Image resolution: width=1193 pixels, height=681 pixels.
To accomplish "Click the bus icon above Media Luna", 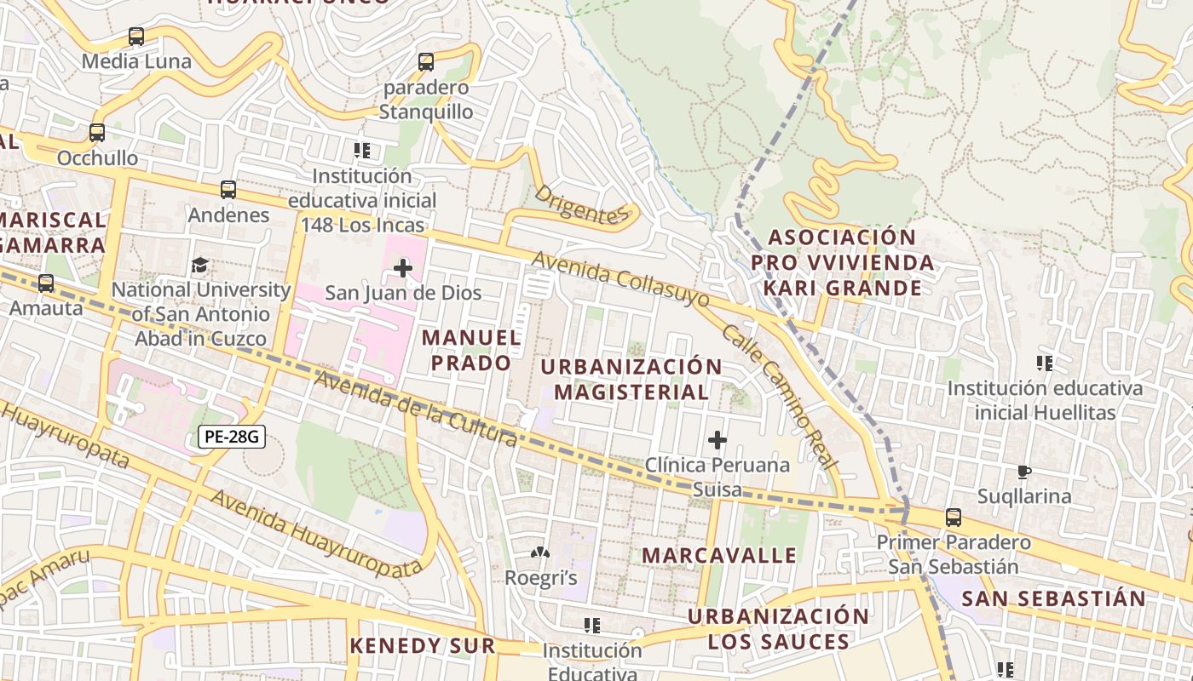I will click(x=136, y=37).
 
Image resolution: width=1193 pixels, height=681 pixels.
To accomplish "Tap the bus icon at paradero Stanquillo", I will click(x=426, y=62).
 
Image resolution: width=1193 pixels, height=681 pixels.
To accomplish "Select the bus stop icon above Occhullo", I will click(x=97, y=133).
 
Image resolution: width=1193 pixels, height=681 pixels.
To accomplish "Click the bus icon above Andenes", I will click(x=228, y=190).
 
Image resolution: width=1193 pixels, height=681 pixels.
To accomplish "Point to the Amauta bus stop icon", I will click(x=46, y=283).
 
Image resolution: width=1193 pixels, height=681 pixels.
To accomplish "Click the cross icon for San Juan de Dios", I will click(x=403, y=269).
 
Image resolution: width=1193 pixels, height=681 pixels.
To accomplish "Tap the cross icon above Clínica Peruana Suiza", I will click(x=718, y=440).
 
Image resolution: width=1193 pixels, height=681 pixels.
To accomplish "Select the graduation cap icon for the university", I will click(x=199, y=266).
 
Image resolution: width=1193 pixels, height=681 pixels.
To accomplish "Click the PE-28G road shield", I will click(x=232, y=438).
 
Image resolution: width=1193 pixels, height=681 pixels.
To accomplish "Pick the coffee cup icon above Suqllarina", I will click(x=1024, y=472).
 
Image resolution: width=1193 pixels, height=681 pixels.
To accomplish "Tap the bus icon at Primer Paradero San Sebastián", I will click(x=954, y=518).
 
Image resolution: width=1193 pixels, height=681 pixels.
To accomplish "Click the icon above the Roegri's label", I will click(x=540, y=553).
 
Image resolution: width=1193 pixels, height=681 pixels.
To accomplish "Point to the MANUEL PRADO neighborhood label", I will click(x=471, y=350).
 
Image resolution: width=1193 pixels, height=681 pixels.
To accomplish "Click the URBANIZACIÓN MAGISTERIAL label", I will click(x=631, y=380).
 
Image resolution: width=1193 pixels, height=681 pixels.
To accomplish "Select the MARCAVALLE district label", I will click(x=719, y=556).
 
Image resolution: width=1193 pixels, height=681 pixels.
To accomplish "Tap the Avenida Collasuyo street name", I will click(x=620, y=279).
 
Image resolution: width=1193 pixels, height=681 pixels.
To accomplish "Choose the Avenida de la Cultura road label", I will click(x=415, y=409).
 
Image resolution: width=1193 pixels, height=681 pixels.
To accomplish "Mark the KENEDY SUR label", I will click(x=423, y=646).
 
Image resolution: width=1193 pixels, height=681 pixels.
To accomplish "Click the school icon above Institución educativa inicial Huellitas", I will click(x=1045, y=363).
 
